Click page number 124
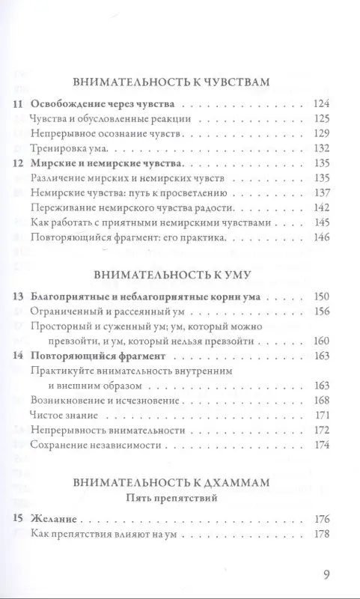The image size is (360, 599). [x=320, y=103]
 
